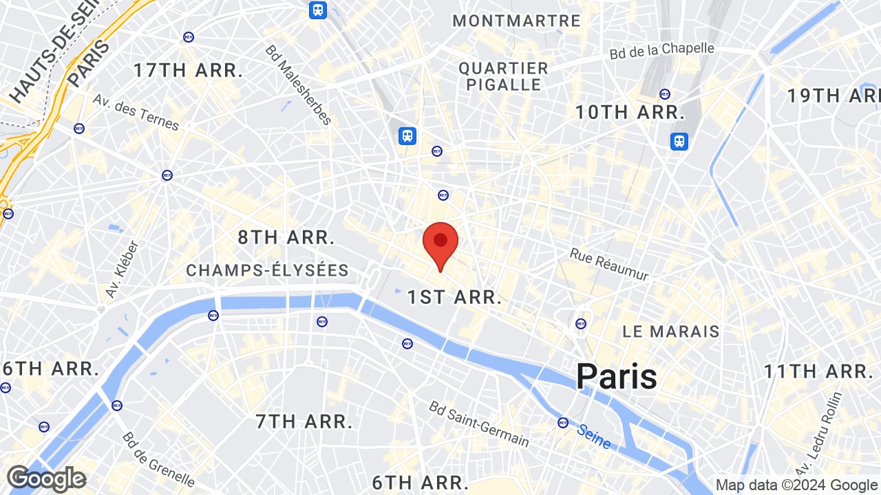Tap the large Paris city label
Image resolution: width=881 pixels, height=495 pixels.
(616, 377)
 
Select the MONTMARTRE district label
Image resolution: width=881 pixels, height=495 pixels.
(517, 21)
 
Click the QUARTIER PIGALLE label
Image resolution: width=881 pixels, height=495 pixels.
(504, 76)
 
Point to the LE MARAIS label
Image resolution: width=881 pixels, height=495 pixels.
(670, 331)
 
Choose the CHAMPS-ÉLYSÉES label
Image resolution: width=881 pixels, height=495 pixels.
(267, 271)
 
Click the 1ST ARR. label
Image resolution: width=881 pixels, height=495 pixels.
(454, 297)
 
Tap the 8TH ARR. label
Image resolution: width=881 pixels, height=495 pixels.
(286, 238)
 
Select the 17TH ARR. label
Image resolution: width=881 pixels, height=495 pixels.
(189, 70)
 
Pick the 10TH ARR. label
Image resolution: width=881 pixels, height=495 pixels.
(630, 111)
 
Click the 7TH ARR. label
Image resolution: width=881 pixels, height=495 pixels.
(304, 421)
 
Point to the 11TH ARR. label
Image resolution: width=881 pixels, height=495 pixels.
(818, 372)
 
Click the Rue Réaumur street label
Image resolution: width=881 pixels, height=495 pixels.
(609, 264)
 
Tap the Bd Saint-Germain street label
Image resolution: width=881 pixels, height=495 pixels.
(479, 423)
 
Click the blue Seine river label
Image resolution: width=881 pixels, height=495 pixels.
(594, 436)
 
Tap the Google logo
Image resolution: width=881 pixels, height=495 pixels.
(46, 478)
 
